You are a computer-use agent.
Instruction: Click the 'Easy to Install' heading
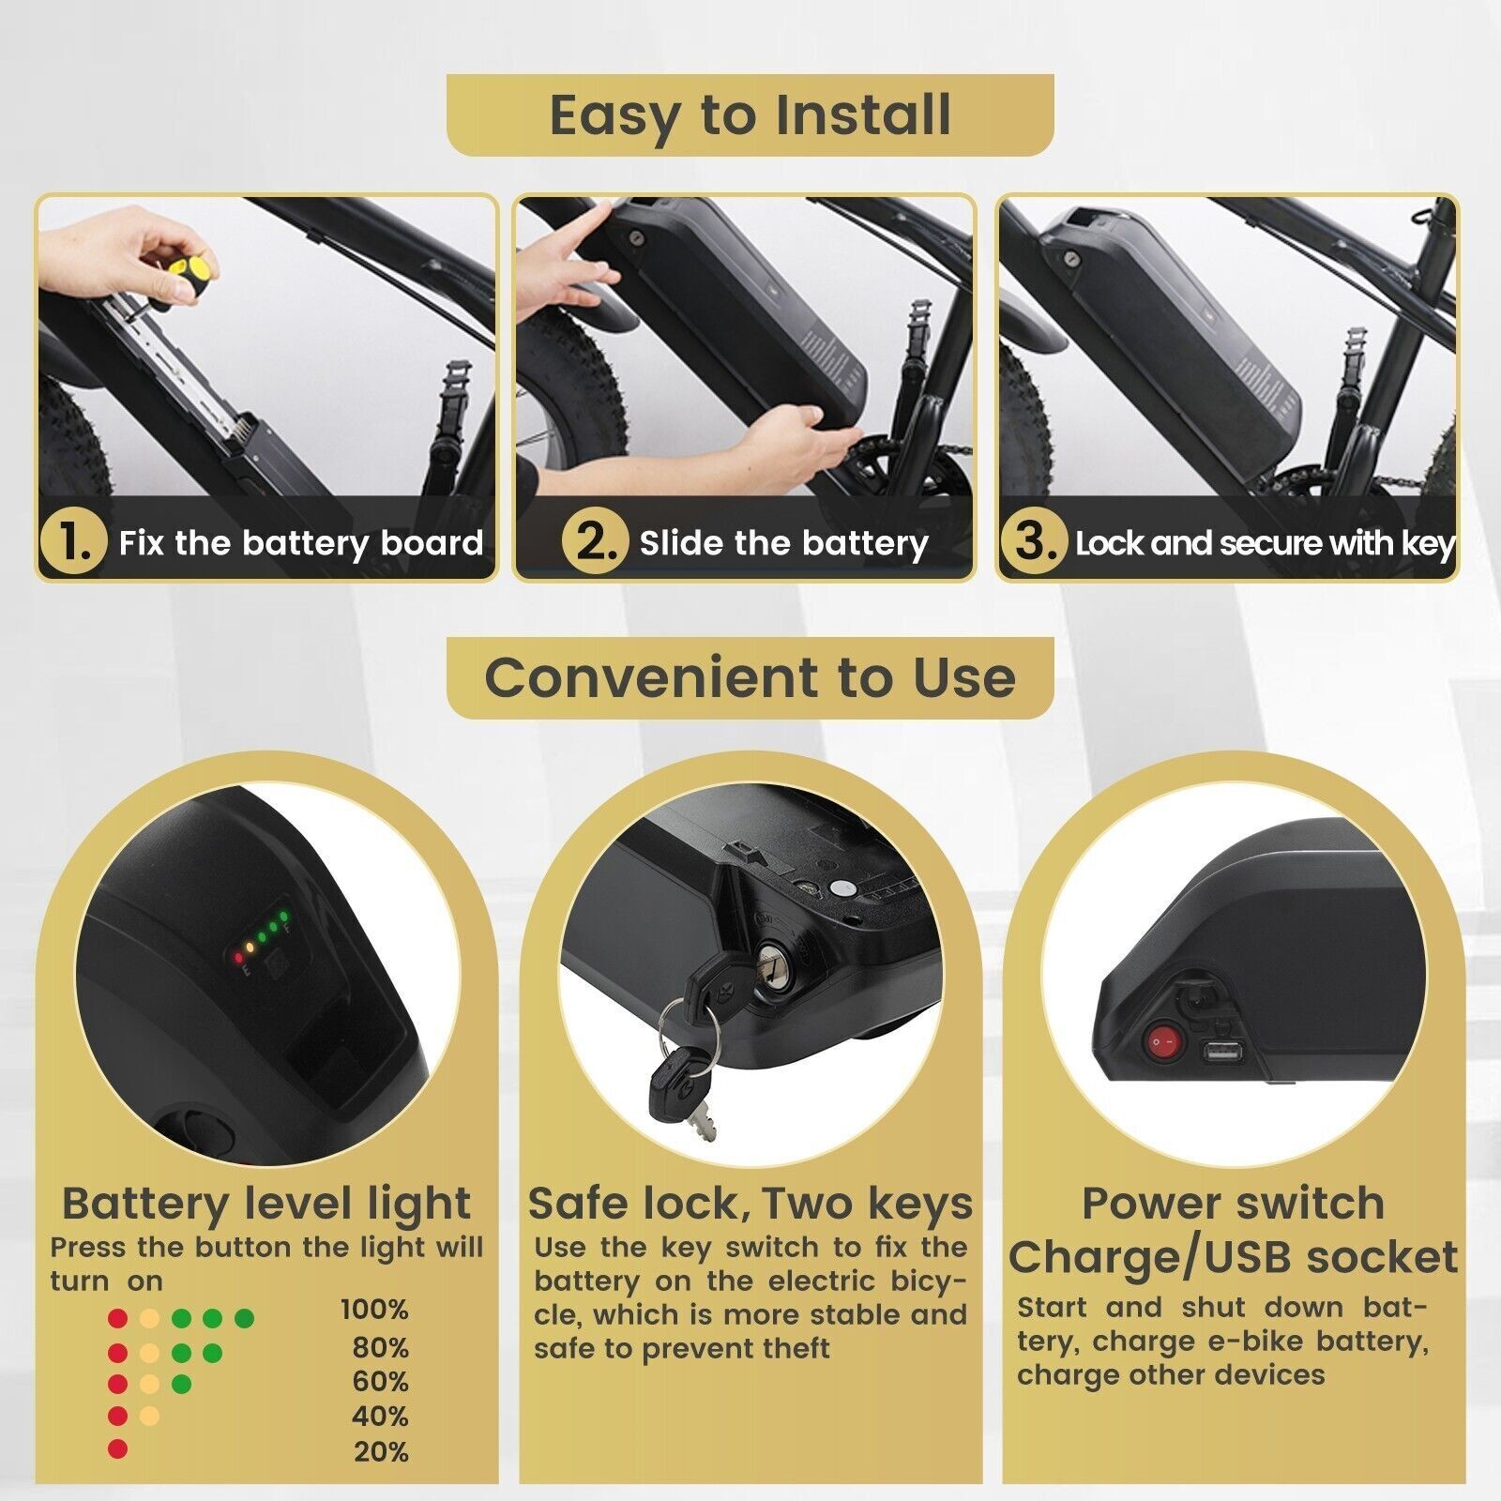pyautogui.click(x=750, y=114)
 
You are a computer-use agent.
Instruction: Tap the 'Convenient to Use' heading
pyautogui.click(x=750, y=676)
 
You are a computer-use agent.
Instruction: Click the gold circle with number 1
pyautogui.click(x=72, y=542)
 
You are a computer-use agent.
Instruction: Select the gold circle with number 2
pyautogui.click(x=595, y=542)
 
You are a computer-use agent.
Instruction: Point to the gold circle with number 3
pyautogui.click(x=1034, y=542)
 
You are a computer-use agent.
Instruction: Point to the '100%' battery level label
pyautogui.click(x=373, y=1310)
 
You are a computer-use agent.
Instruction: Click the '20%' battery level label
pyautogui.click(x=381, y=1452)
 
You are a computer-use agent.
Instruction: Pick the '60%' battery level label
pyautogui.click(x=380, y=1381)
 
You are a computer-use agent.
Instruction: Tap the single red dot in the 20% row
pyautogui.click(x=117, y=1449)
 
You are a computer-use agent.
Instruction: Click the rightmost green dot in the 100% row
pyautogui.click(x=244, y=1319)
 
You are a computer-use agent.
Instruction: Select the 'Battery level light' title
pyautogui.click(x=266, y=1203)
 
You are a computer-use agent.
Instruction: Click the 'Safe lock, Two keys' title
pyautogui.click(x=750, y=1203)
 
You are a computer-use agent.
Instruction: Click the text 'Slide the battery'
pyautogui.click(x=784, y=543)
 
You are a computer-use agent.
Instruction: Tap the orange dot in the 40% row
pyautogui.click(x=148, y=1416)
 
